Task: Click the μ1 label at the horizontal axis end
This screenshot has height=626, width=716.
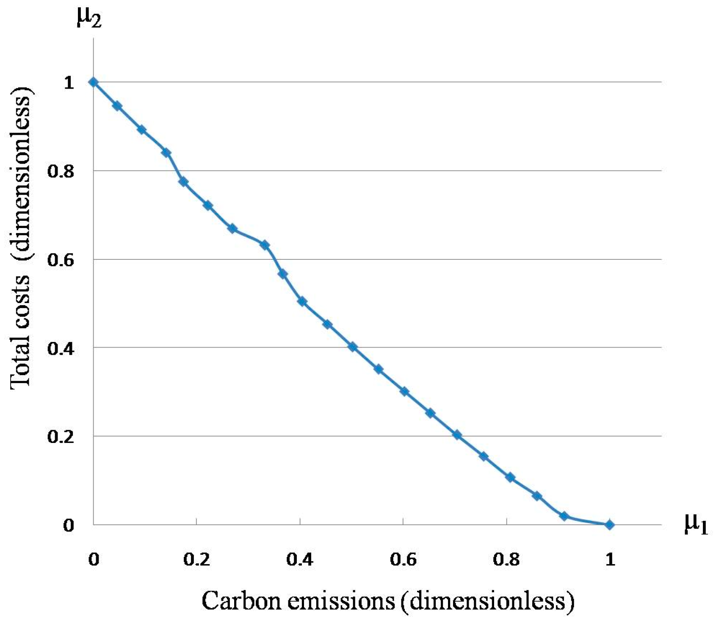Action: point(696,525)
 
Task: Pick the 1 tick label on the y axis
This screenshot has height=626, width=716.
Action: point(69,83)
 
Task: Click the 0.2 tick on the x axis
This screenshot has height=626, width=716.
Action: point(197,560)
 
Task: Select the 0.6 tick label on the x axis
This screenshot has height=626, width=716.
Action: point(404,560)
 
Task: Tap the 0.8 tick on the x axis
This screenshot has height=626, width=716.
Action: point(507,560)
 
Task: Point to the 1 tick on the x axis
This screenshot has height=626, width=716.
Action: point(610,560)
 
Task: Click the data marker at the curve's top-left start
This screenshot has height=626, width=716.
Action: point(94,82)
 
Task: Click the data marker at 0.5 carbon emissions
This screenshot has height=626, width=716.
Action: point(353,347)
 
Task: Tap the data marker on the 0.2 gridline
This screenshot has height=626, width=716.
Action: point(457,435)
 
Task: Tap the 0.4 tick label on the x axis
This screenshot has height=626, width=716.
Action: point(300,560)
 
